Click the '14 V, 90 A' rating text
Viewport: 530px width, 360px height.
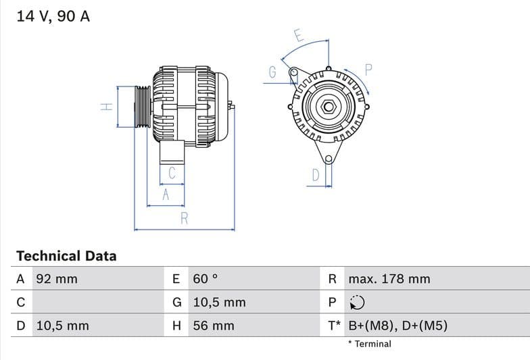tap(53, 16)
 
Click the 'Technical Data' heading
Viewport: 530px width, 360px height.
tap(66, 256)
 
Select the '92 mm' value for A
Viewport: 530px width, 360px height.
tap(57, 279)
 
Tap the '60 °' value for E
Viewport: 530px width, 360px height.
tap(206, 279)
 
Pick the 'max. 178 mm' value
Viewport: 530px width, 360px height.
tap(389, 279)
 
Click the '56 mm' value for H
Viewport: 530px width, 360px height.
tap(214, 326)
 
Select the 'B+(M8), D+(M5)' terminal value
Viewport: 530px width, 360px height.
tap(397, 326)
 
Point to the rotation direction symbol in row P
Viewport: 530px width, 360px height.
tap(358, 303)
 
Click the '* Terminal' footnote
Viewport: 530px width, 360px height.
tap(369, 344)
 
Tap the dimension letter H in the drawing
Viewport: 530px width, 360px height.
tap(106, 107)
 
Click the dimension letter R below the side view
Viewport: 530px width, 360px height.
tap(184, 218)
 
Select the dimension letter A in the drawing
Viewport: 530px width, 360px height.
tap(164, 195)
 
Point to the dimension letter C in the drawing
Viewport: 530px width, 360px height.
tap(172, 173)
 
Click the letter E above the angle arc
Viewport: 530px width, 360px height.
tap(298, 36)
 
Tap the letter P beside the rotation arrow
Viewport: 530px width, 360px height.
tap(368, 69)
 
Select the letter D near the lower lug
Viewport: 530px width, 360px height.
tap(315, 176)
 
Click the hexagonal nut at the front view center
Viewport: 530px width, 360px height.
tap(328, 107)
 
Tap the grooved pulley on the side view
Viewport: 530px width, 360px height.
tap(142, 107)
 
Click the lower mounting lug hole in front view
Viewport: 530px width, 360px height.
tap(329, 159)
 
